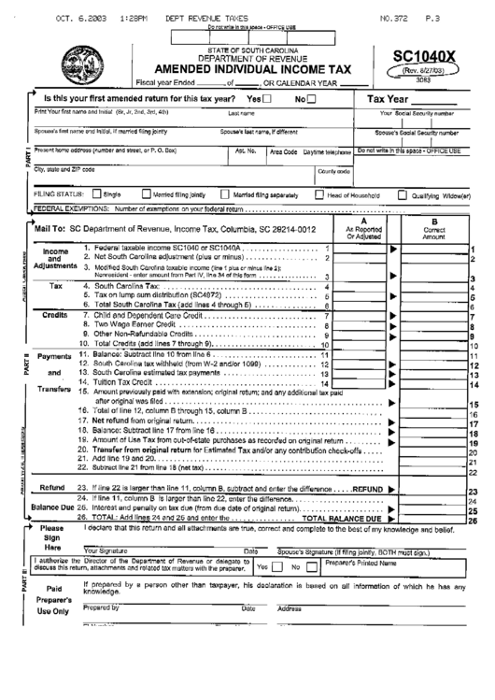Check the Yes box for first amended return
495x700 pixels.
tap(269, 98)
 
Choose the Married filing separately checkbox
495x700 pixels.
tap(225, 195)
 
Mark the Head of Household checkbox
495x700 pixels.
tap(320, 195)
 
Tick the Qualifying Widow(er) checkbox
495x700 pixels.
tap(403, 195)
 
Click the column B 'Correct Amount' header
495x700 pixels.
tap(432, 230)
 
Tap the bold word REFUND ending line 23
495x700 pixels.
tap(366, 490)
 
